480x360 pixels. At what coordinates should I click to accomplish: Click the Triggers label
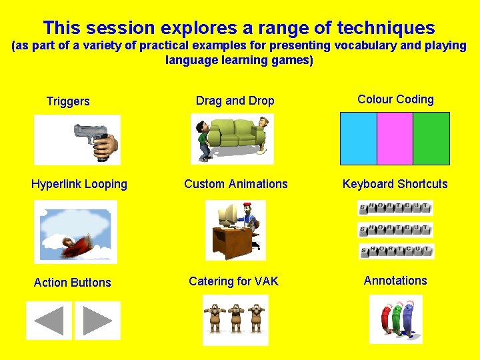pyautogui.click(x=68, y=101)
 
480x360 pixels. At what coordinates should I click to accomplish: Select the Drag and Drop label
pyautogui.click(x=235, y=101)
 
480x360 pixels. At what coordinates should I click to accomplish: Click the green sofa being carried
pyautogui.click(x=234, y=133)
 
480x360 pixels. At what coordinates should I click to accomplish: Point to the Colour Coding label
pyautogui.click(x=395, y=99)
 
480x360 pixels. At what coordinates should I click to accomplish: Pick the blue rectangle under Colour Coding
pyautogui.click(x=359, y=139)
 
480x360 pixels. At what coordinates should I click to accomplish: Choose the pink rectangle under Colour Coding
pyautogui.click(x=395, y=139)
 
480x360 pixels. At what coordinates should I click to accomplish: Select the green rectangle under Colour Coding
pyautogui.click(x=431, y=139)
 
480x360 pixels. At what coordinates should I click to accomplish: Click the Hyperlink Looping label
pyautogui.click(x=79, y=184)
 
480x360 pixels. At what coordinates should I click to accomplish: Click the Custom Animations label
pyautogui.click(x=236, y=184)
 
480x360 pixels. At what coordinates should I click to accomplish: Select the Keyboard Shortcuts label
pyautogui.click(x=395, y=184)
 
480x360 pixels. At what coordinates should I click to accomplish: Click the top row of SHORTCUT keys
pyautogui.click(x=395, y=207)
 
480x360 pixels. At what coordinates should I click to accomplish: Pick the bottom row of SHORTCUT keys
pyautogui.click(x=395, y=251)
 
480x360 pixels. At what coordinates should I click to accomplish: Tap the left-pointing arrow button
pyautogui.click(x=49, y=321)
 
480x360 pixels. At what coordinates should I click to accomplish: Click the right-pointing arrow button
pyautogui.click(x=97, y=321)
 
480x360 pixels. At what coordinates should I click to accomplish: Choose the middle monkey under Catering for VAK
pyautogui.click(x=235, y=318)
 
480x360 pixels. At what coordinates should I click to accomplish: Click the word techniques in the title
pyautogui.click(x=386, y=28)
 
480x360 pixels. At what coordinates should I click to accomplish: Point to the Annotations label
pyautogui.click(x=395, y=281)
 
